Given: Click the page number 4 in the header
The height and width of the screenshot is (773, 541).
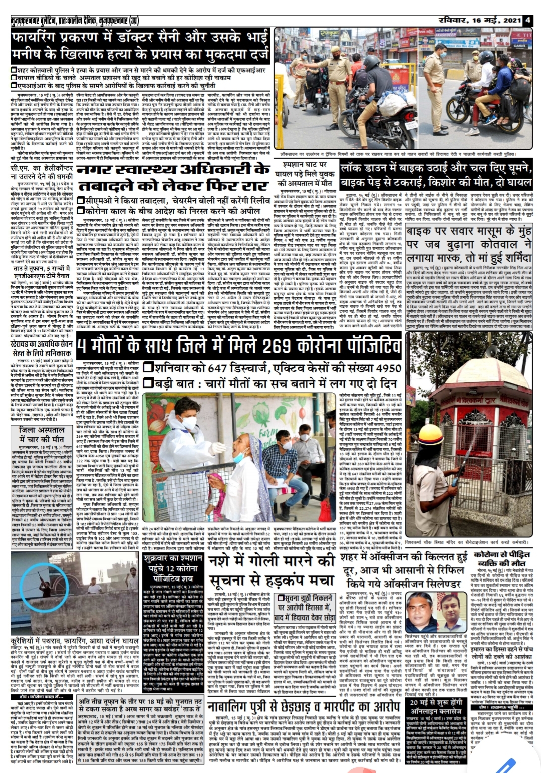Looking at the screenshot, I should (528, 21).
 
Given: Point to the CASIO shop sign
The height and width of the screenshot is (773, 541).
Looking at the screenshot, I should (519, 45).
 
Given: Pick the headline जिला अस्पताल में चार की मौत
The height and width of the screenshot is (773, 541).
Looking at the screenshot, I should (42, 434).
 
